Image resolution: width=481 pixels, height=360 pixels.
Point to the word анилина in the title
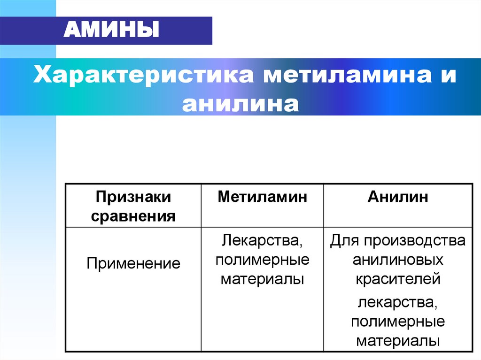(240, 103)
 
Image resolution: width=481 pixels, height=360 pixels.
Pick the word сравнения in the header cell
(133, 216)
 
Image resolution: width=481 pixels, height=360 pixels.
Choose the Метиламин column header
(262, 197)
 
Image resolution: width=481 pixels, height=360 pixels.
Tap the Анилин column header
(398, 197)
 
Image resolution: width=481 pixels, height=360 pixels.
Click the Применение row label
(133, 263)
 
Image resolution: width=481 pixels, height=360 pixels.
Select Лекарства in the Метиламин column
(262, 241)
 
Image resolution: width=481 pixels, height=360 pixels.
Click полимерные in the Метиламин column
(262, 260)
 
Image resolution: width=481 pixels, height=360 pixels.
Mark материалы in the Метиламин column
(262, 279)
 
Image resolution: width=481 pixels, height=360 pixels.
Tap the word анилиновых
(398, 260)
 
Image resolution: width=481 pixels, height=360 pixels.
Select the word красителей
(398, 279)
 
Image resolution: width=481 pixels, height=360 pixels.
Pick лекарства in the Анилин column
(398, 303)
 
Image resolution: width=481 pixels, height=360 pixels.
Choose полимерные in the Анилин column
(398, 322)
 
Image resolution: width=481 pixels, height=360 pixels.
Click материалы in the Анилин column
(398, 340)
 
